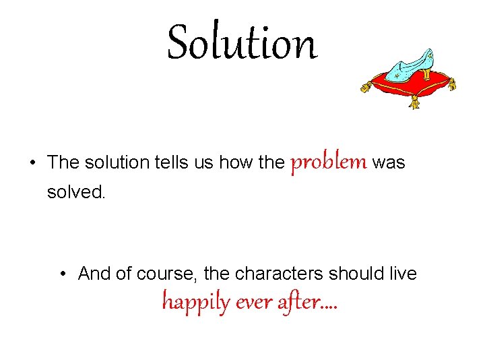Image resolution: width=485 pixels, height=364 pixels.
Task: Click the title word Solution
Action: pos(241,42)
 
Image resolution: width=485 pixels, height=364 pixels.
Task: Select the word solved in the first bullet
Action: pos(76,192)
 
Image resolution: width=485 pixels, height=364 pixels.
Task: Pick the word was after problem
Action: pos(389,163)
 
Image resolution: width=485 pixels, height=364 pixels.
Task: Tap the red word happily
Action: pos(196,302)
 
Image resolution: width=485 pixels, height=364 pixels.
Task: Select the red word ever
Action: pos(255,303)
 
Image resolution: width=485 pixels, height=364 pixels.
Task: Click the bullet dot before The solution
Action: pos(32,164)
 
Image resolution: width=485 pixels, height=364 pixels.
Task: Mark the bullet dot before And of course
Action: pos(63,274)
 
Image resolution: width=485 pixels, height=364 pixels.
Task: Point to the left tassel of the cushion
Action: pos(366,87)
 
